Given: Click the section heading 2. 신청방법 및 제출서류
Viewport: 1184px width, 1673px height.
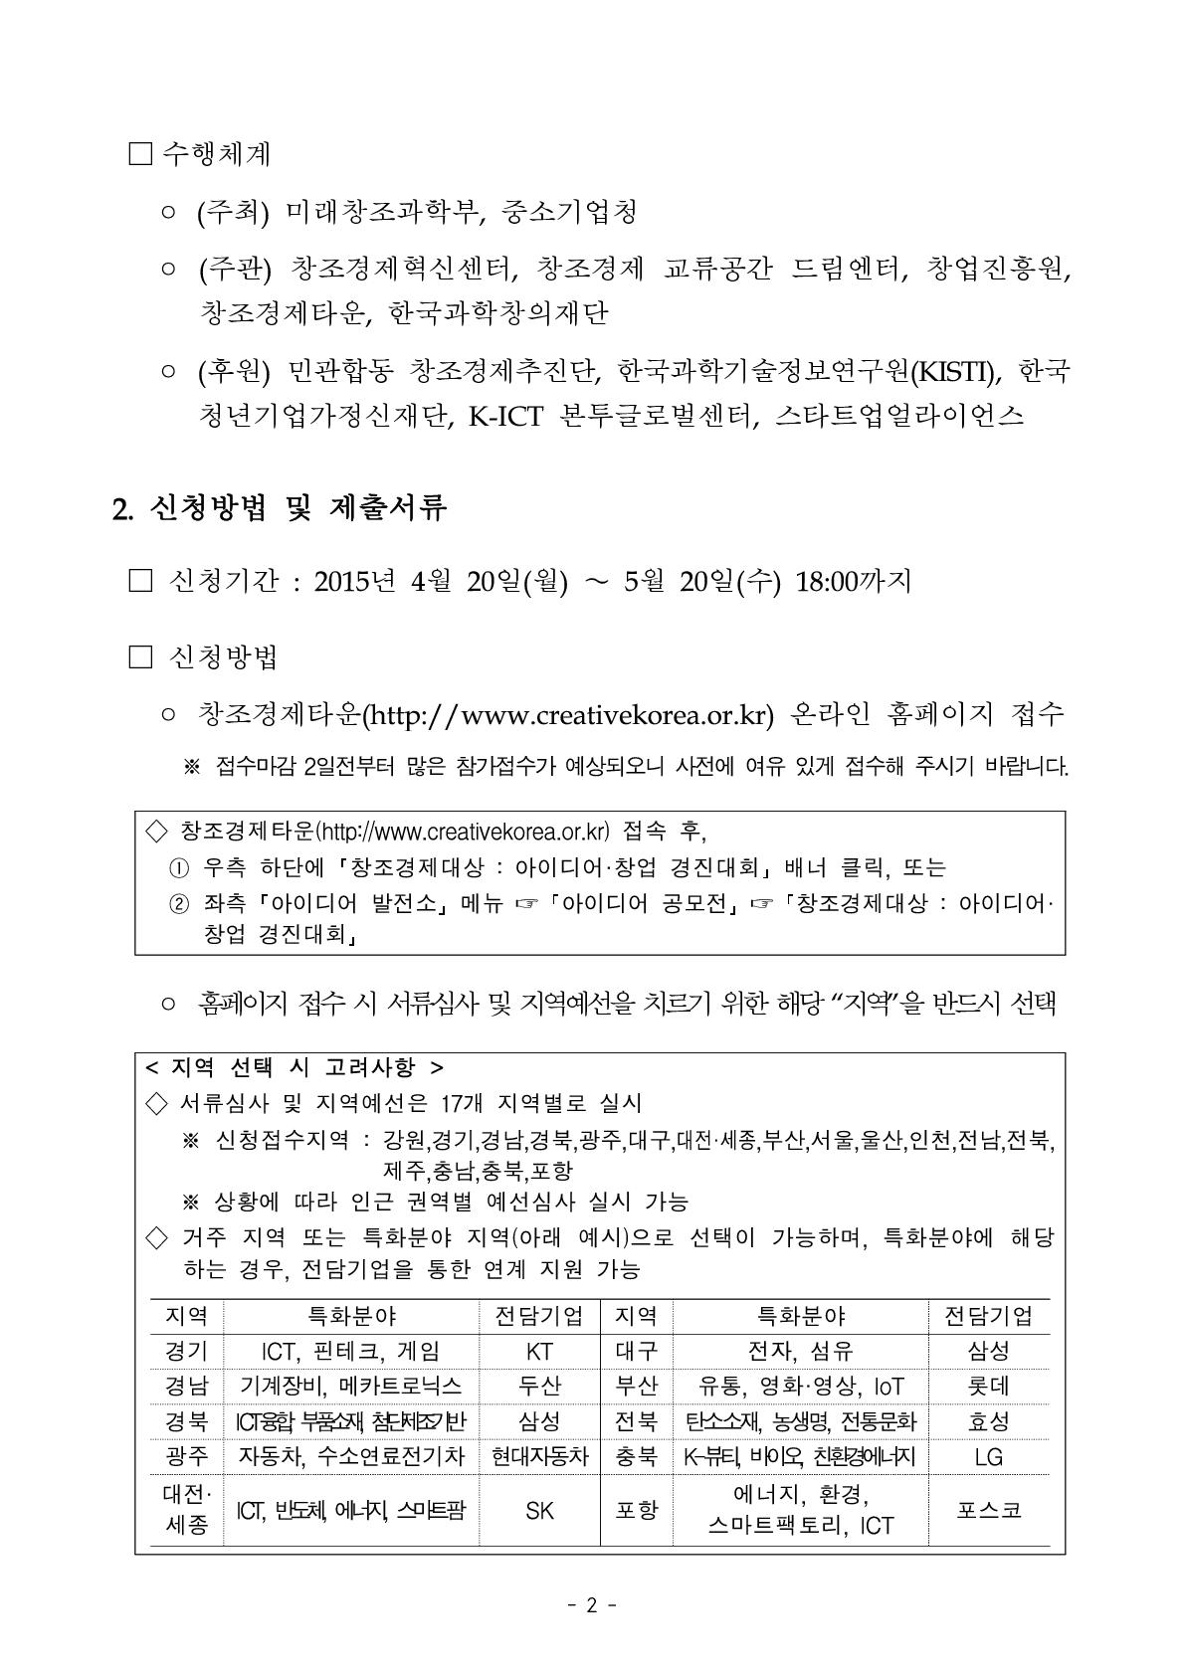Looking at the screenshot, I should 280,508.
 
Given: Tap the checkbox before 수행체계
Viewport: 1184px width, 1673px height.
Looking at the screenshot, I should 140,154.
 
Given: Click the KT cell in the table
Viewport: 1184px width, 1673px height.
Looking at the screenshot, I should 538,1351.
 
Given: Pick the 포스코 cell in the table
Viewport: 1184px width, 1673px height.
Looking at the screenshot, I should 988,1510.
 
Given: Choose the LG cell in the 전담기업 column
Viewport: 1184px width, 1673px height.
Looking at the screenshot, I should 988,1457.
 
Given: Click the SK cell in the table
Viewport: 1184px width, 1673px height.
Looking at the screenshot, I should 538,1510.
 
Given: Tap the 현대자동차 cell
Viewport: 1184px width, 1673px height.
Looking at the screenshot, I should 539,1457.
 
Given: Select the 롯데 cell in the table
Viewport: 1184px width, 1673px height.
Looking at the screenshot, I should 988,1386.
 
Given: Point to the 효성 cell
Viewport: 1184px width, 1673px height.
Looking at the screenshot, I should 988,1421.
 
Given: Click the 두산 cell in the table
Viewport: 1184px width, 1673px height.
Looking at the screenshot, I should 538,1386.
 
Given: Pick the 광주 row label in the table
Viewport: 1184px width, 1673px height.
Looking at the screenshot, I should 186,1457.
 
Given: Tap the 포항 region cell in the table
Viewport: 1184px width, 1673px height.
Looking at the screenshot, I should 636,1510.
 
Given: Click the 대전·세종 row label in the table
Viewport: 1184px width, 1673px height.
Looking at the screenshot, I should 186,1510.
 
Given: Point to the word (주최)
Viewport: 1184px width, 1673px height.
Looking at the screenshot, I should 233,212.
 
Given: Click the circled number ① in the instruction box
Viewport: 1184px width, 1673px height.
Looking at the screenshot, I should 179,868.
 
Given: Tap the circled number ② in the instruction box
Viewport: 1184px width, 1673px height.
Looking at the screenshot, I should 179,904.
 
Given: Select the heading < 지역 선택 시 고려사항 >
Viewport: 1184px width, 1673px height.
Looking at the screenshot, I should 295,1067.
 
